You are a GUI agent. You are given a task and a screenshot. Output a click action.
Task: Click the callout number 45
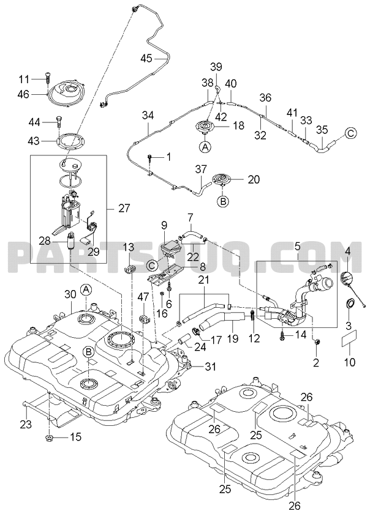(146, 58)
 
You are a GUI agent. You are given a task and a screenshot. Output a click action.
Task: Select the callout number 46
(40, 95)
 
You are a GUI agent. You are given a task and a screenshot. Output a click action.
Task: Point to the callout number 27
(124, 208)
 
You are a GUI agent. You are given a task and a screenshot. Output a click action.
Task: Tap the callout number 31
(193, 367)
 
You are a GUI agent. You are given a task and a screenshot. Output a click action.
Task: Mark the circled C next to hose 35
(351, 132)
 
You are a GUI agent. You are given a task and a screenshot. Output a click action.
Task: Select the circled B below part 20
(224, 200)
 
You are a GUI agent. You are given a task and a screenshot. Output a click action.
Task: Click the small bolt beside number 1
(149, 158)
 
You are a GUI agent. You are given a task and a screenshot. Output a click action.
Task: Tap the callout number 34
(147, 114)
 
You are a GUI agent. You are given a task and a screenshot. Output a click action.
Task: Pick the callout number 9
(164, 225)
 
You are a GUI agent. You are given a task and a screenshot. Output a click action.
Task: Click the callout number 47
(143, 297)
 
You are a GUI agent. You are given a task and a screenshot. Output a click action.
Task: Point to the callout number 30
(70, 294)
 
